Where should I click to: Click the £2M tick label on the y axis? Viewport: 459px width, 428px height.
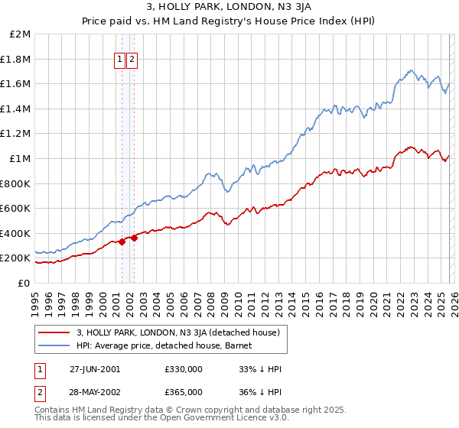pos(21,34)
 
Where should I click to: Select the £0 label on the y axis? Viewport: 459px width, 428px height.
pos(24,283)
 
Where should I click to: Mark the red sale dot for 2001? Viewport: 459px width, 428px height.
pos(122,242)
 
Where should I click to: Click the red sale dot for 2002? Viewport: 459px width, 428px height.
pos(134,238)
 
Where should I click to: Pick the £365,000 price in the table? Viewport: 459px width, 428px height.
pos(183,391)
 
